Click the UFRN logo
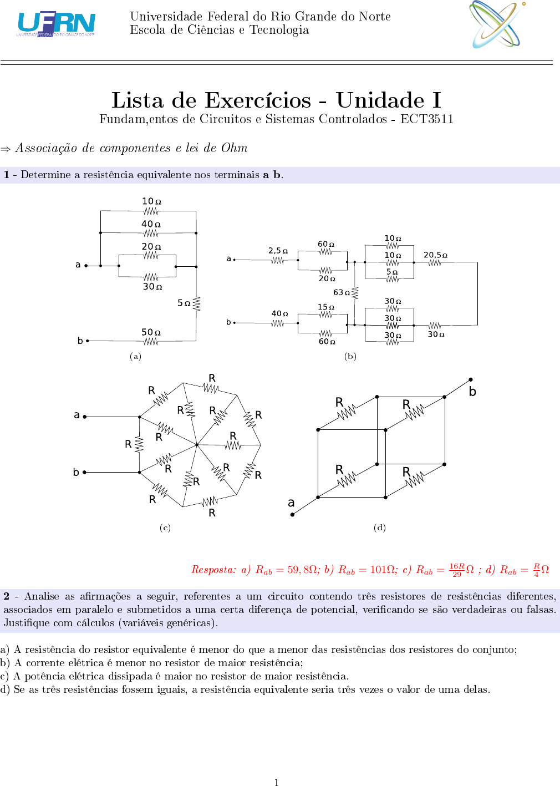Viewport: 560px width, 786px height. point(56,24)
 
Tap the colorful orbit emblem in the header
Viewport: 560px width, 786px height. point(497,24)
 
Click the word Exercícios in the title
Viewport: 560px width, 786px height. point(258,100)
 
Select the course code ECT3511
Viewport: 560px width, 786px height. point(427,119)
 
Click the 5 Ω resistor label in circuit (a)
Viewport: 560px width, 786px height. point(184,303)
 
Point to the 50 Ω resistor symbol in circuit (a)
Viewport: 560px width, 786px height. point(151,341)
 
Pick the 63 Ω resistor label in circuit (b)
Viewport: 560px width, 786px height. point(342,292)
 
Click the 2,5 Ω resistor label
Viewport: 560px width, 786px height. point(278,251)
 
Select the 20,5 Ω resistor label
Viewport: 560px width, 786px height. point(435,255)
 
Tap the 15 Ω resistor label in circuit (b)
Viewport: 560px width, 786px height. point(326,307)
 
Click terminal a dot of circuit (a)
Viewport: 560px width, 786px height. point(86,266)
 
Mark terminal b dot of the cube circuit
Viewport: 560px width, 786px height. point(471,379)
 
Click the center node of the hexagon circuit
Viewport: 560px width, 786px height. point(197,445)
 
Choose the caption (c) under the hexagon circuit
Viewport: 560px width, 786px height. point(165,528)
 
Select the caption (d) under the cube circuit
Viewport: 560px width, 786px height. point(379,528)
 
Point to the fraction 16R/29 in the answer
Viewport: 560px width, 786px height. point(457,570)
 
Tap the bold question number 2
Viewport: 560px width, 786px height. point(6,596)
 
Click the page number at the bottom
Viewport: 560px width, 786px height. point(276,782)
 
